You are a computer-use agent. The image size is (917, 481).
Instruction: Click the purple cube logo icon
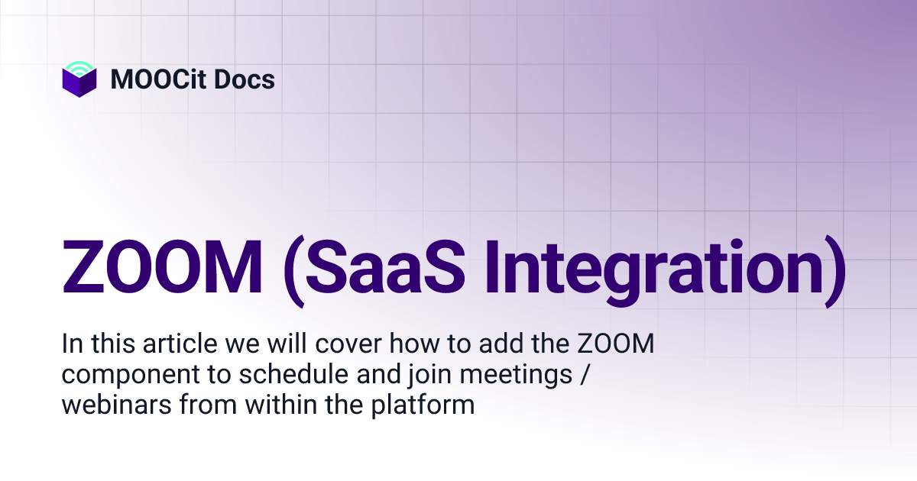click(x=79, y=83)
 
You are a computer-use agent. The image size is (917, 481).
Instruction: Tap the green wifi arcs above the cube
click(x=79, y=67)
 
